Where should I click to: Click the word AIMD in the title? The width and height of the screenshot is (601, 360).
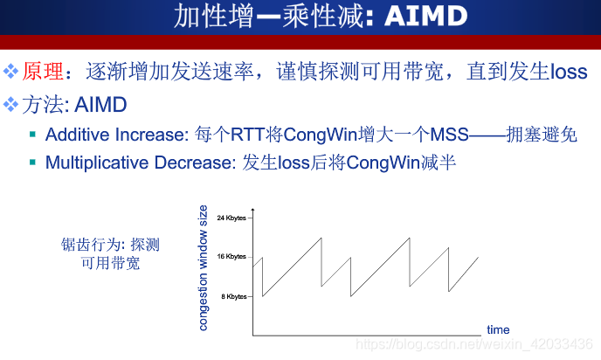[425, 16]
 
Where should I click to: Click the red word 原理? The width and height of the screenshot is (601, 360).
[43, 72]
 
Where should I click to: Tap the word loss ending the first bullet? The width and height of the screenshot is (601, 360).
[569, 72]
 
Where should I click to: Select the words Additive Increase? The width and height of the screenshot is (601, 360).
[115, 135]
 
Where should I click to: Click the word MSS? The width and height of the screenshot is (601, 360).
[449, 135]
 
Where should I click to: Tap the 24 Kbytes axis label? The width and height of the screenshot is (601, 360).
[231, 218]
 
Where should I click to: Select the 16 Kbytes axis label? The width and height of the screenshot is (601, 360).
[231, 257]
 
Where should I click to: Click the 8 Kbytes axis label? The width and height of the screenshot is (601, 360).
[234, 296]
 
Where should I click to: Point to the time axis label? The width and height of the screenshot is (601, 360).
[498, 329]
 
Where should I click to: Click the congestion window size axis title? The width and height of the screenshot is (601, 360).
[203, 267]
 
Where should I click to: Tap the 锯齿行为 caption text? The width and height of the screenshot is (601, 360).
[110, 253]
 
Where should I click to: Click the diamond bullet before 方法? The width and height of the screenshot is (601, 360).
[10, 104]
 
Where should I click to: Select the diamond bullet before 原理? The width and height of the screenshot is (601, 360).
[10, 72]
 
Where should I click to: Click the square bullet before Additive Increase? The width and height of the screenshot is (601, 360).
[32, 135]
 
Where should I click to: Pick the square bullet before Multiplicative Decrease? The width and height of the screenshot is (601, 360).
[32, 163]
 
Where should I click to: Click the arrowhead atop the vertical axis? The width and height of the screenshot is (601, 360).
[253, 210]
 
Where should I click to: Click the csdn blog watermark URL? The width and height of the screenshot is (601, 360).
[474, 344]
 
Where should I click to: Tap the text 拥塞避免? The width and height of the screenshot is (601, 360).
[542, 135]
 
